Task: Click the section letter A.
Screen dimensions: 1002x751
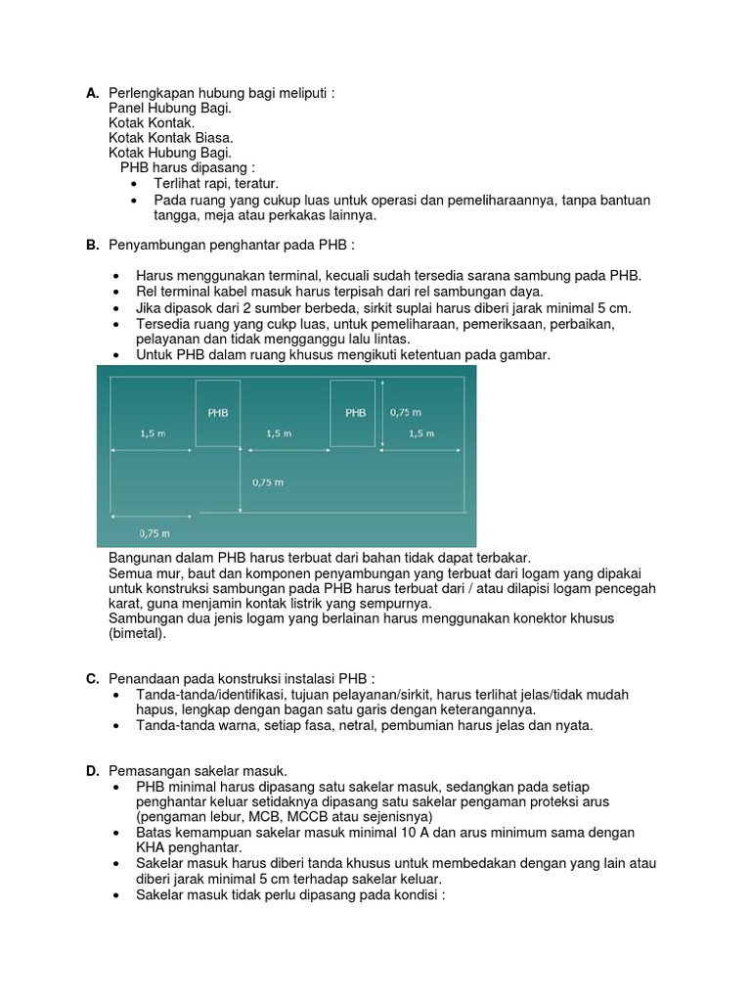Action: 92,94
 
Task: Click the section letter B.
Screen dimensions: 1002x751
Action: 92,244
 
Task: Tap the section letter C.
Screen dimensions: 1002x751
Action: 92,678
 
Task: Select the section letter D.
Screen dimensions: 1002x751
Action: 92,772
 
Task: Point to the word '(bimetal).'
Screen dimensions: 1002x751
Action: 138,633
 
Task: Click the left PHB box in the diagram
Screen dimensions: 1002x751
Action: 218,413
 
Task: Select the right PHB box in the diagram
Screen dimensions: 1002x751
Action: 355,413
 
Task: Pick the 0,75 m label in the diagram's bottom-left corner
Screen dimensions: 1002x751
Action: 155,533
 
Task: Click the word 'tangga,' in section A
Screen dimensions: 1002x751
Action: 176,215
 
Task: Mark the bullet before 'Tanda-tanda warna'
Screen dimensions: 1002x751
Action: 117,725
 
